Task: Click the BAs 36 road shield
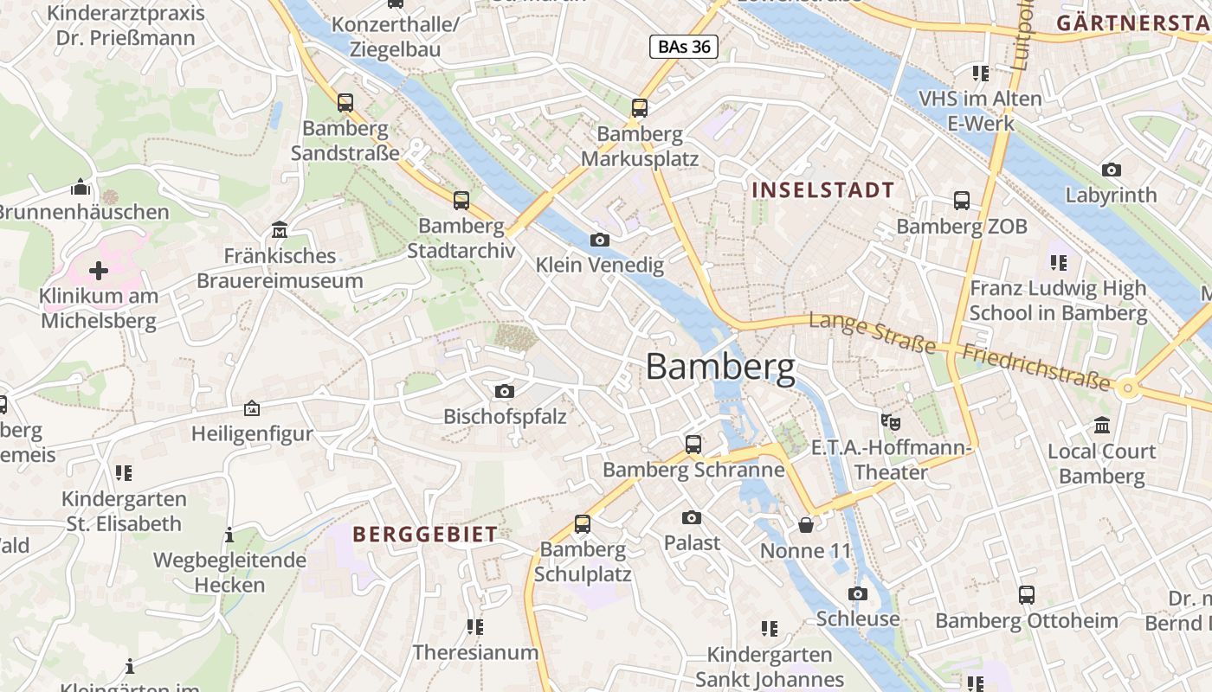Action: (684, 47)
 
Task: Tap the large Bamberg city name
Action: (720, 367)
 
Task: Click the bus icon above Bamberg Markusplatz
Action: (640, 108)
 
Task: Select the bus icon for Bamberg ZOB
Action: (962, 201)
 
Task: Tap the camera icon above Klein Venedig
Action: (599, 240)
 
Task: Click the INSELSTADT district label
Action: (822, 189)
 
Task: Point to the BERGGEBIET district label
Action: (425, 535)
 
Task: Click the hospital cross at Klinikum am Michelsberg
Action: (99, 271)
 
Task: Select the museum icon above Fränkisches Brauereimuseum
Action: (280, 230)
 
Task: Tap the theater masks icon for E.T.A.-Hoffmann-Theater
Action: (890, 422)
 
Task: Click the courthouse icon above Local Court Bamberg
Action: (1102, 426)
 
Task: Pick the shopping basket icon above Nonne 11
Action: (806, 525)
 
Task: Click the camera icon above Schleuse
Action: (858, 593)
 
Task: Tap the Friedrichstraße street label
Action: (1035, 367)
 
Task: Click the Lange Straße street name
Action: (872, 333)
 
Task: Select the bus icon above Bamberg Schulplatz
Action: (583, 524)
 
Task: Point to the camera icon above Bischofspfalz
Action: (505, 391)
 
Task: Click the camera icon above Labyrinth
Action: (1112, 170)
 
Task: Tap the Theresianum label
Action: (475, 652)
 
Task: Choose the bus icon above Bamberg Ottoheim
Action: (1027, 595)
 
